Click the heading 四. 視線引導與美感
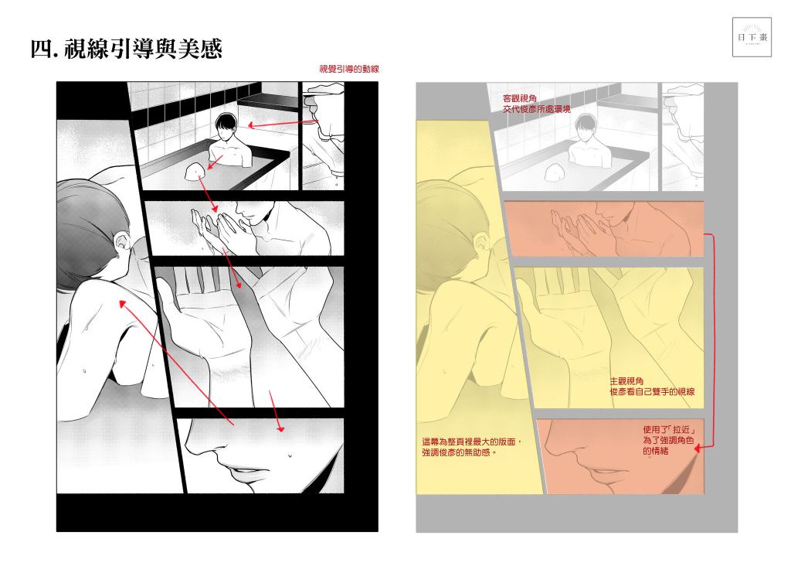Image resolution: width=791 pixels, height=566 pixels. (x=126, y=49)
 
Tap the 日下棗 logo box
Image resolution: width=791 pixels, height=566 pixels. (x=752, y=37)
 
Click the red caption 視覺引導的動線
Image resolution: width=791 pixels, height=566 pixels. (x=349, y=69)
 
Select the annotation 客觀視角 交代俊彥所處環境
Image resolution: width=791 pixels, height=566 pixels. (x=536, y=104)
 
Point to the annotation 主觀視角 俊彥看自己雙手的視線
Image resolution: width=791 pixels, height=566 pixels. (x=652, y=387)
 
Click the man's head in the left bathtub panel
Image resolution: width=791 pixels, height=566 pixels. (x=226, y=124)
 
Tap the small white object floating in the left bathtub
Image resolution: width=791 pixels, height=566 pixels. (x=195, y=172)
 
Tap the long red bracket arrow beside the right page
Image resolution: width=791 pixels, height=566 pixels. (x=711, y=341)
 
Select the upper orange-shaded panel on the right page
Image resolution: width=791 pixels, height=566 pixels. (x=604, y=228)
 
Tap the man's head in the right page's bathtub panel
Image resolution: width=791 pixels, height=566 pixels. (x=585, y=125)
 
